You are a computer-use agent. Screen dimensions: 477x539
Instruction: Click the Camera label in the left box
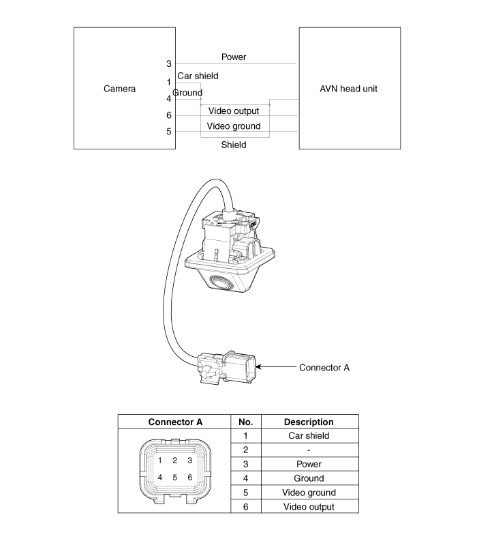119,89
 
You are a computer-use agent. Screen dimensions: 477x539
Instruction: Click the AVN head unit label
348,89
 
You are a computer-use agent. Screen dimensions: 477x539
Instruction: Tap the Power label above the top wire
234,57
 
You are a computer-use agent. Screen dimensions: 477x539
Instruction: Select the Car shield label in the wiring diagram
198,76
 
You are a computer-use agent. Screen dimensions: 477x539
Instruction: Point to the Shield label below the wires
234,145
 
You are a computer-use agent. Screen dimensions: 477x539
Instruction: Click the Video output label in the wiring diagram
234,111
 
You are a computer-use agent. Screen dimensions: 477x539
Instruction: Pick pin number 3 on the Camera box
168,63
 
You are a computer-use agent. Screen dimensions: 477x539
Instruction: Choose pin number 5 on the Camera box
168,131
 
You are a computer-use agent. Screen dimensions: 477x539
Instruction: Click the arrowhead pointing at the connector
258,367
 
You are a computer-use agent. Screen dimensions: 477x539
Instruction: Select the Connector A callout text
324,368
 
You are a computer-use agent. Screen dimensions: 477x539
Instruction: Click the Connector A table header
175,422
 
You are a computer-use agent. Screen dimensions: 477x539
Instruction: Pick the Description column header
309,422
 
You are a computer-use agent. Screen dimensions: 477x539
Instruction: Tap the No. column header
245,422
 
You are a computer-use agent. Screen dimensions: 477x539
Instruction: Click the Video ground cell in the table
309,493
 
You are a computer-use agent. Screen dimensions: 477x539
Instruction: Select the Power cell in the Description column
309,464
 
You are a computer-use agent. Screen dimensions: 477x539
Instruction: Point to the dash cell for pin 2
309,450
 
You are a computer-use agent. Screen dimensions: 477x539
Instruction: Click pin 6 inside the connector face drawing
190,477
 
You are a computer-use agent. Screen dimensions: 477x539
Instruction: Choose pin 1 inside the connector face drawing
159,460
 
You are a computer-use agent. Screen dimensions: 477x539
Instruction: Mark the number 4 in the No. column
245,478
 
